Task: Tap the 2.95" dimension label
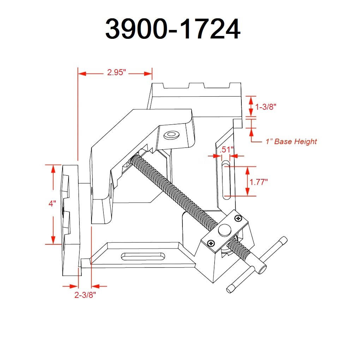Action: click(x=116, y=73)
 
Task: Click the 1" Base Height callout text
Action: click(x=291, y=142)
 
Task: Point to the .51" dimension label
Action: click(x=226, y=149)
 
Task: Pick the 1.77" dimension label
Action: click(x=259, y=182)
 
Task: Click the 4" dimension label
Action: click(x=53, y=204)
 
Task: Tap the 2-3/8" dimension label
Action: click(x=85, y=295)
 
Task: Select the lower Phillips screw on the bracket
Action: click(x=211, y=242)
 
